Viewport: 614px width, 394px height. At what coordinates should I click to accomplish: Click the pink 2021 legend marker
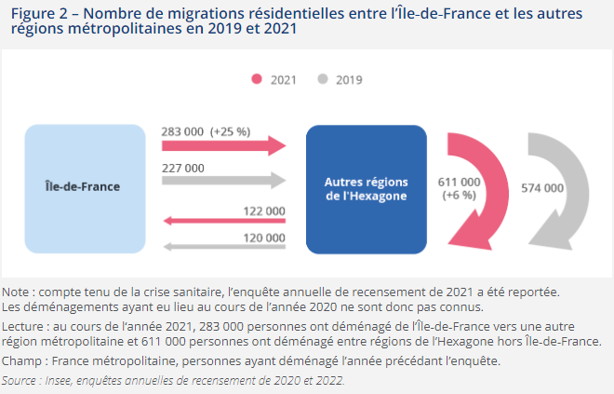(x=258, y=80)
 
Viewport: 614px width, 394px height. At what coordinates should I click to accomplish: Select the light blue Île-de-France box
(x=85, y=186)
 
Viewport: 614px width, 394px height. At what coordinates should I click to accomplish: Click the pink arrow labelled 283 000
(x=223, y=145)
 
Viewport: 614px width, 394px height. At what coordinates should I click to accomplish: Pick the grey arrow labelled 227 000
(x=223, y=181)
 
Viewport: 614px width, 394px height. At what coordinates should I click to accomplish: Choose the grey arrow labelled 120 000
(x=223, y=247)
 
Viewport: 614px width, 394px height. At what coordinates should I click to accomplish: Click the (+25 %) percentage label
(x=231, y=131)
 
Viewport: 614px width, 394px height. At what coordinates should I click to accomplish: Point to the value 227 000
(x=182, y=168)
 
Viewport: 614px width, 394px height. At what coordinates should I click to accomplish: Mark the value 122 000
(x=263, y=211)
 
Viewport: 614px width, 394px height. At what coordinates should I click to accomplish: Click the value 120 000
(x=263, y=238)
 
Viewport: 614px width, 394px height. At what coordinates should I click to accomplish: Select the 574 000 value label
(x=541, y=187)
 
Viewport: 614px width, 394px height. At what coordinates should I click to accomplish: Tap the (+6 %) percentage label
(x=459, y=195)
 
